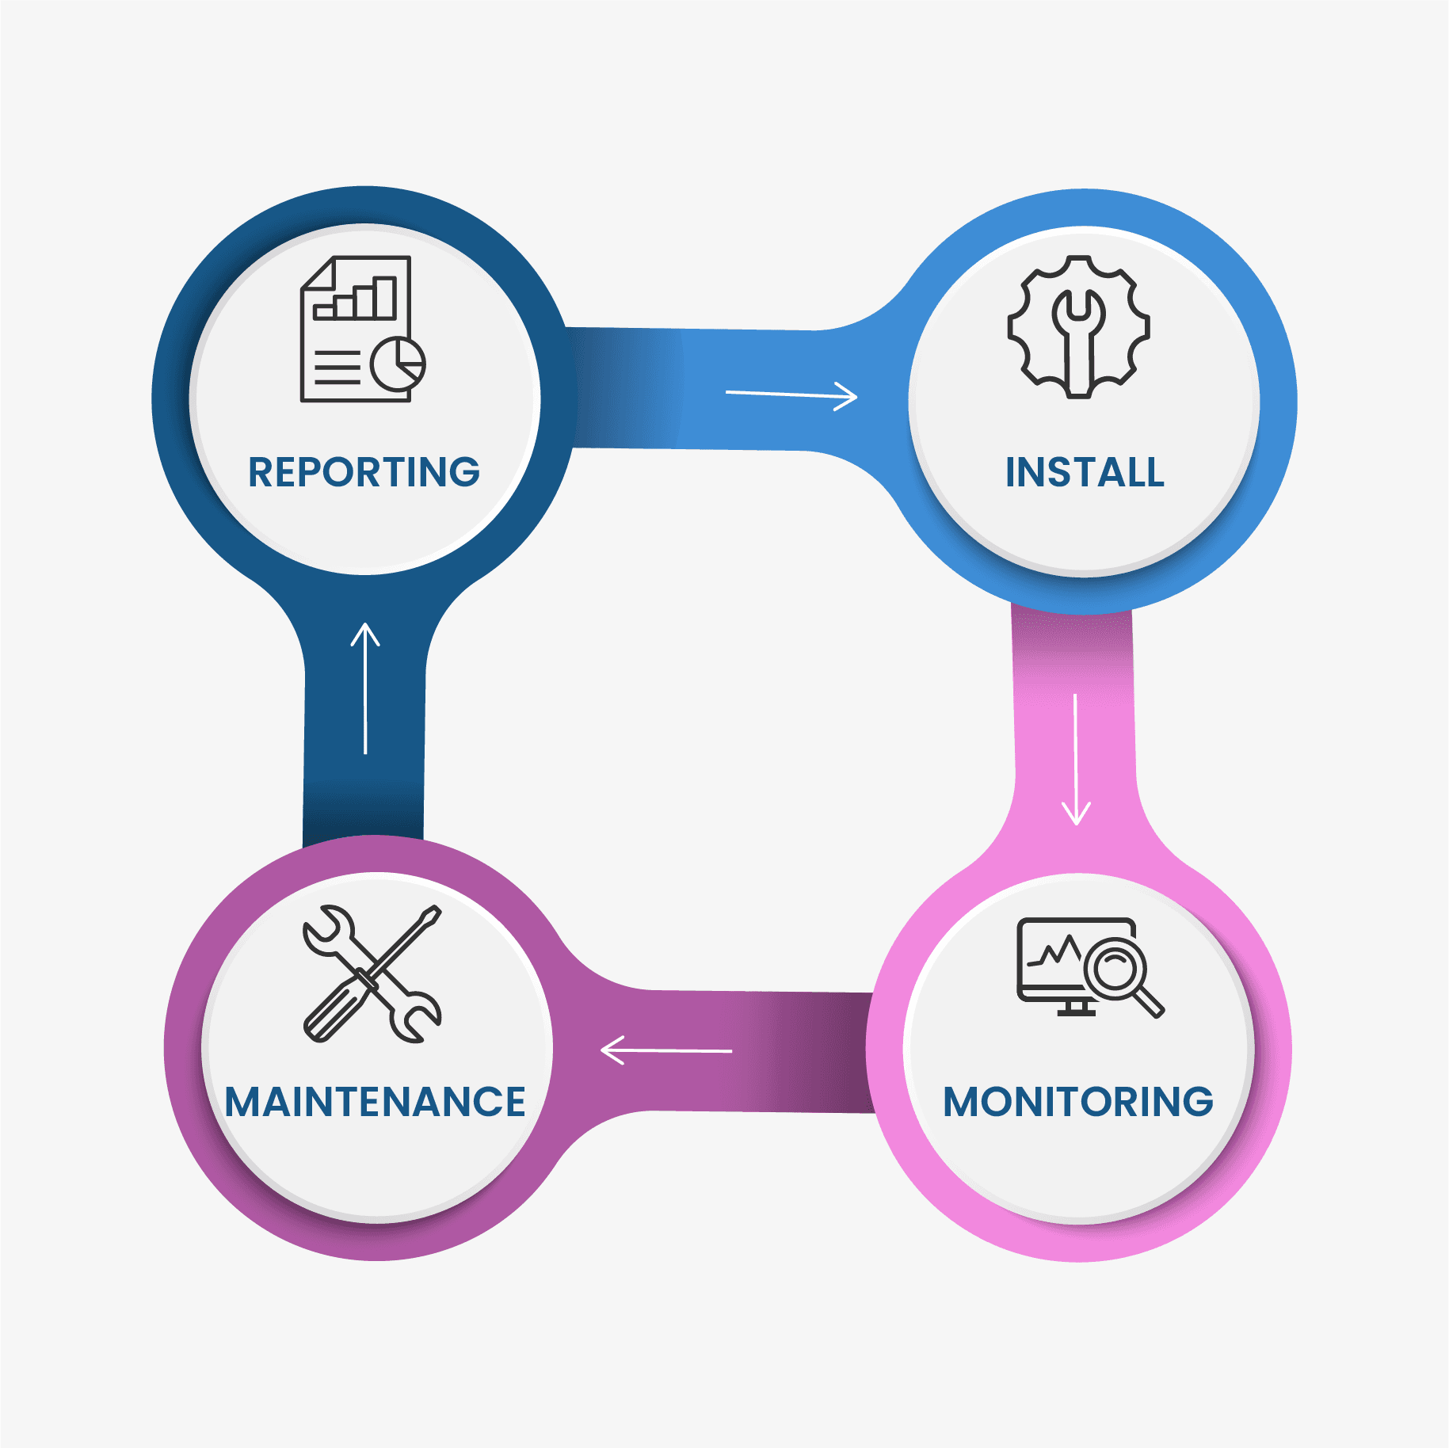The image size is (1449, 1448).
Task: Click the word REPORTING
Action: click(x=364, y=472)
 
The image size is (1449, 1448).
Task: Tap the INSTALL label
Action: click(x=1085, y=472)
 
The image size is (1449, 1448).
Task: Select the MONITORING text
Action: click(x=1078, y=1102)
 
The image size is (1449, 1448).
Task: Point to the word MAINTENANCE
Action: click(x=375, y=1102)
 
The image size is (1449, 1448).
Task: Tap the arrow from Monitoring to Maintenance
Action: click(x=666, y=1050)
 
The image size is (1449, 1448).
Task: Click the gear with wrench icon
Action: click(x=1078, y=326)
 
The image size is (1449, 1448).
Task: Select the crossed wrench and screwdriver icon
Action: click(x=372, y=974)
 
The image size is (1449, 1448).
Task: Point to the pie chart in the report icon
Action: click(x=398, y=364)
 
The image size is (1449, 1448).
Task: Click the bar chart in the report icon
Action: click(x=356, y=299)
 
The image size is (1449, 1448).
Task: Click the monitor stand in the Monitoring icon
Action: click(x=1075, y=1008)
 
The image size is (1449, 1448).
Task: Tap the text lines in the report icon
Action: click(x=337, y=368)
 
